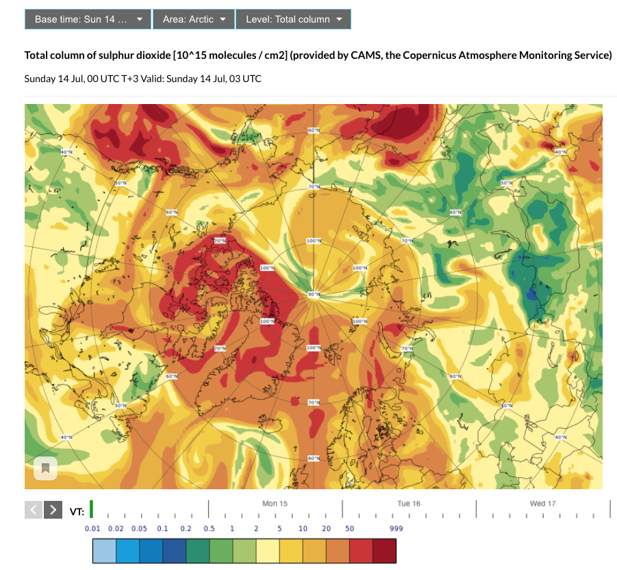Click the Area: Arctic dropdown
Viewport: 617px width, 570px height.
tap(194, 19)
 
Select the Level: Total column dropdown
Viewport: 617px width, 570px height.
tap(293, 19)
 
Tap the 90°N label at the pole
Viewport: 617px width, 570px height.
tap(314, 294)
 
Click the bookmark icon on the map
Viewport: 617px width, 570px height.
tap(45, 469)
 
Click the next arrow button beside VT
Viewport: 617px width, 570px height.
tap(53, 510)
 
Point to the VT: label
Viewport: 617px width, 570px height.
tap(77, 511)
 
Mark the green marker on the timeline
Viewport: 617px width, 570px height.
tap(91, 509)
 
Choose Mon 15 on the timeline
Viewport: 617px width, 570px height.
tap(275, 504)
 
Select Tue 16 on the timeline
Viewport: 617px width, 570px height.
tap(409, 504)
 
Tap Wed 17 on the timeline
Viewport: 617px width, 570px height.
tap(542, 504)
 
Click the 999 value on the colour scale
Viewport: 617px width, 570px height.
tap(396, 529)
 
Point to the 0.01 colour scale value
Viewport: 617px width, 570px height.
tap(93, 529)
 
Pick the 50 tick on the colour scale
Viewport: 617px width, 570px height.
tap(349, 529)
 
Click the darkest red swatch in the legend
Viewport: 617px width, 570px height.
tap(384, 552)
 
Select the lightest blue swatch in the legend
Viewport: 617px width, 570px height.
tap(104, 552)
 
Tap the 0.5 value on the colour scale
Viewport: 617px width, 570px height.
tap(210, 529)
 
